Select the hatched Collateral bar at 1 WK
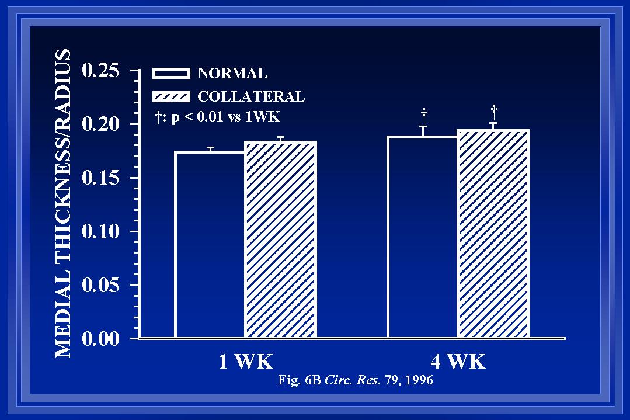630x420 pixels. (x=280, y=239)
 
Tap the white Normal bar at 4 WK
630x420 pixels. (x=422, y=237)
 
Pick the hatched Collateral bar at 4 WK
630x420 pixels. (x=493, y=234)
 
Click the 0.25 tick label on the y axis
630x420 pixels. (x=101, y=71)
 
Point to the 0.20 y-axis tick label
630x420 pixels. (x=101, y=124)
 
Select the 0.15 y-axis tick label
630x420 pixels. (x=101, y=178)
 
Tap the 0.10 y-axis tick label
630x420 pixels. (x=101, y=231)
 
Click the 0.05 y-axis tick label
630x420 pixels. (x=101, y=285)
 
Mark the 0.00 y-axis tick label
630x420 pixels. (x=101, y=339)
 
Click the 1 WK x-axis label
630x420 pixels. (x=245, y=362)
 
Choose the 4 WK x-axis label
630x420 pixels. (x=458, y=362)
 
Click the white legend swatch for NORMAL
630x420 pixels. (x=171, y=73)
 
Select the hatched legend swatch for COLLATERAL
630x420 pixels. (x=171, y=96)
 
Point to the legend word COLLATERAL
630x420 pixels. (x=250, y=97)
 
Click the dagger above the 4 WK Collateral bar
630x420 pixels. (x=494, y=109)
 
